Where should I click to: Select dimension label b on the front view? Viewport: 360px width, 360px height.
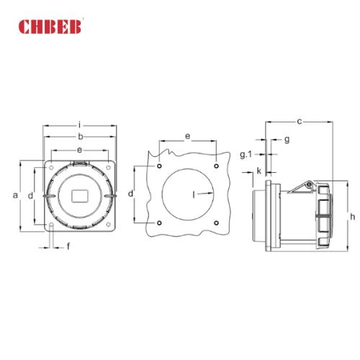(80, 135)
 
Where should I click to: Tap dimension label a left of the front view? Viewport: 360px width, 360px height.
(15, 195)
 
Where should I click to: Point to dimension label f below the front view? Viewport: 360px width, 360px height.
(68, 247)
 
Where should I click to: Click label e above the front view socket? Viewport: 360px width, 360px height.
(80, 149)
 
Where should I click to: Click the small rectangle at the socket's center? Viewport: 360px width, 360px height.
(80, 196)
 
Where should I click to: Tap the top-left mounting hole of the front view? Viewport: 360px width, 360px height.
(53, 166)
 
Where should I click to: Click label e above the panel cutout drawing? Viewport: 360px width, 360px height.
(187, 135)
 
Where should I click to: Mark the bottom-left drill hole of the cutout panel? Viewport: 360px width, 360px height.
(158, 222)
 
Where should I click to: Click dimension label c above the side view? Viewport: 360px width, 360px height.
(299, 120)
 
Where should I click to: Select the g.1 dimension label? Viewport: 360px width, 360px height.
(246, 153)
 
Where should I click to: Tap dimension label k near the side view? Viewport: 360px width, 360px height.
(258, 171)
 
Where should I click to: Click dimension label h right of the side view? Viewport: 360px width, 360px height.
(352, 217)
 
